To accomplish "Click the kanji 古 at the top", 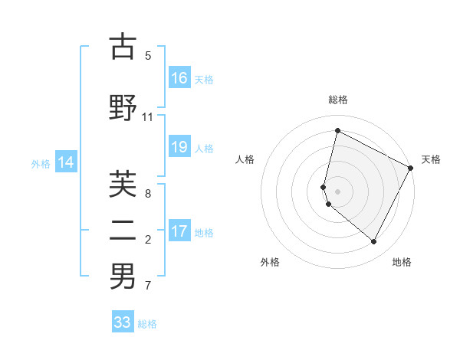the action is pos(123,47).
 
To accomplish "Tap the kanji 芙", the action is pos(123,183).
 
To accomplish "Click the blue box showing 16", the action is pos(179,78).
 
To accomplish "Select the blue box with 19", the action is pos(179,147).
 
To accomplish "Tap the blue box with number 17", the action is pos(179,231).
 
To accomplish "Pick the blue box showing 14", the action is pos(66,162).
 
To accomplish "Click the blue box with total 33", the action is pos(123,322).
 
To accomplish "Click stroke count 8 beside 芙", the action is pos(147,194).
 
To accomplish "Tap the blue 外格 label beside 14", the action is pos(41,163).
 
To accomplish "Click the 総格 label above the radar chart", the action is pos(337,100).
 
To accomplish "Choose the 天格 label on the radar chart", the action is pos(431,159).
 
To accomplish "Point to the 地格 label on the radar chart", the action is pos(402,262).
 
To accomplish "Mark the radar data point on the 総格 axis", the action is pos(337,130).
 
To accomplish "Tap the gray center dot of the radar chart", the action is pos(337,191).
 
